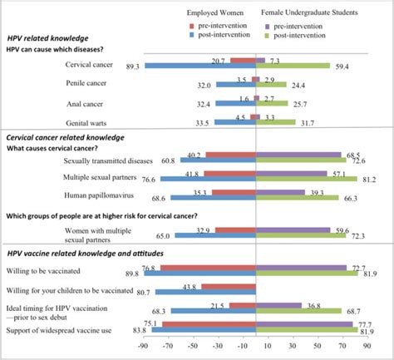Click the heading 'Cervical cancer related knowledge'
[x=66, y=136]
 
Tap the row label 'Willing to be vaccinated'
[x=57, y=270]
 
